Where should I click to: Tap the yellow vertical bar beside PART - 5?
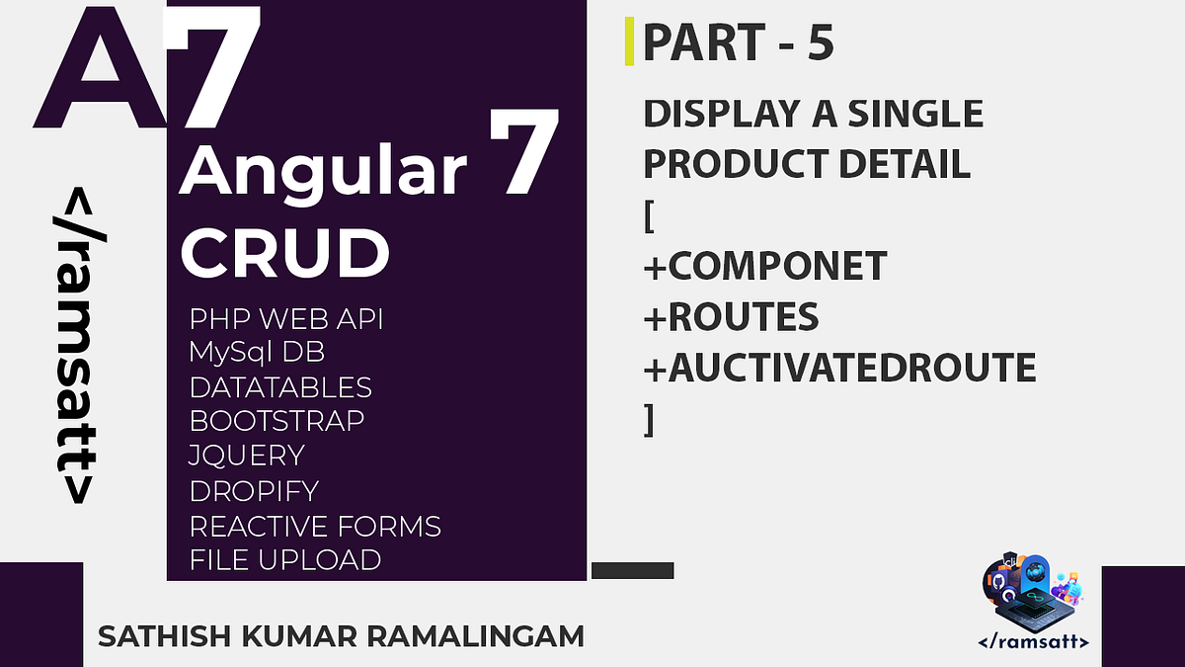coord(629,42)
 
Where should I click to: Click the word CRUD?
coord(284,252)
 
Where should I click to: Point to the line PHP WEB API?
coord(286,320)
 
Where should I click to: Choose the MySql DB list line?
coord(257,353)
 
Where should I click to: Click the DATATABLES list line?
coord(280,387)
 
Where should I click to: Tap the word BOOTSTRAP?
coord(276,421)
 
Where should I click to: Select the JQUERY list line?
coord(247,456)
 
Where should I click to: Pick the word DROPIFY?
coord(254,491)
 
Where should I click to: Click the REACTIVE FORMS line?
coord(315,526)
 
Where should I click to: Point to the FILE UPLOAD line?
coord(285,560)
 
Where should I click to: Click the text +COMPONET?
coord(764,266)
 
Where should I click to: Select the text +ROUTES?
coord(731,317)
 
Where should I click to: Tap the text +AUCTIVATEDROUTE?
coord(839,369)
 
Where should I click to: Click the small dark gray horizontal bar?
coord(632,570)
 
